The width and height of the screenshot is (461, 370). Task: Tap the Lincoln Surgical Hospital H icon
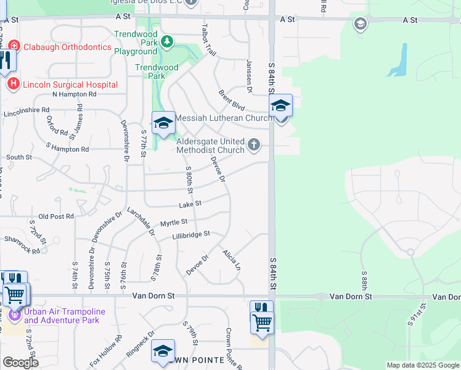[13, 84]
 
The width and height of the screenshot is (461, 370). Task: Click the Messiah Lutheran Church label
[224, 118]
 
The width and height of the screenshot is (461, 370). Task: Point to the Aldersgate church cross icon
[253, 146]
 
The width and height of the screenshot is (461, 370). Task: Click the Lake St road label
[190, 203]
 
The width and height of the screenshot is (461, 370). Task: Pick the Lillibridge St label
[191, 234]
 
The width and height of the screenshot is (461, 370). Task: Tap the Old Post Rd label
[55, 216]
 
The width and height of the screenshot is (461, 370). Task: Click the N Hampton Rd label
[75, 94]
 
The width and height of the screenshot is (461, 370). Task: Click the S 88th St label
[365, 281]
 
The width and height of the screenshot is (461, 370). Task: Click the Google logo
[20, 363]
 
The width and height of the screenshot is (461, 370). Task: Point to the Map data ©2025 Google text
[422, 365]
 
